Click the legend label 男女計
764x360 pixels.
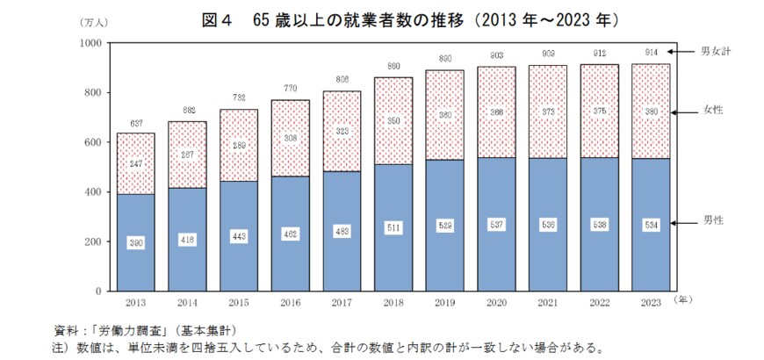pos(717,51)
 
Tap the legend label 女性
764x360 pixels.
pos(712,111)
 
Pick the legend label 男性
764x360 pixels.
pos(712,223)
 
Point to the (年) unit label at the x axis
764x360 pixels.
pos(686,300)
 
